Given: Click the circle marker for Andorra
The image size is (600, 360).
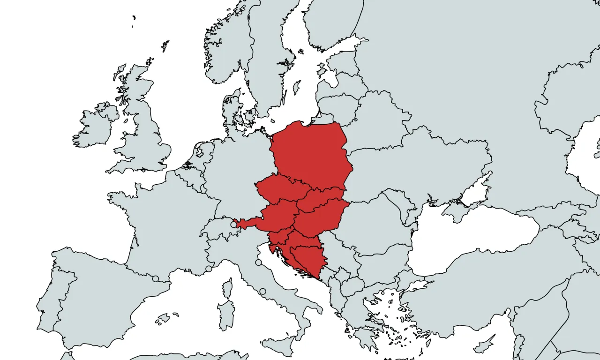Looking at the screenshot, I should [155, 279].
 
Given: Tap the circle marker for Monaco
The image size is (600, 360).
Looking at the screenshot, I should [209, 269].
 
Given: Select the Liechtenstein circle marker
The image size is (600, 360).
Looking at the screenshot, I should [233, 225].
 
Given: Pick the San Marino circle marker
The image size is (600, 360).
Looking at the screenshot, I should [258, 262].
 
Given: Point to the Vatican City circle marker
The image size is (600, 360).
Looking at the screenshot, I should [262, 292].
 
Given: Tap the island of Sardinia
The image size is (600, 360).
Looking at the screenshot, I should [226, 315].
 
